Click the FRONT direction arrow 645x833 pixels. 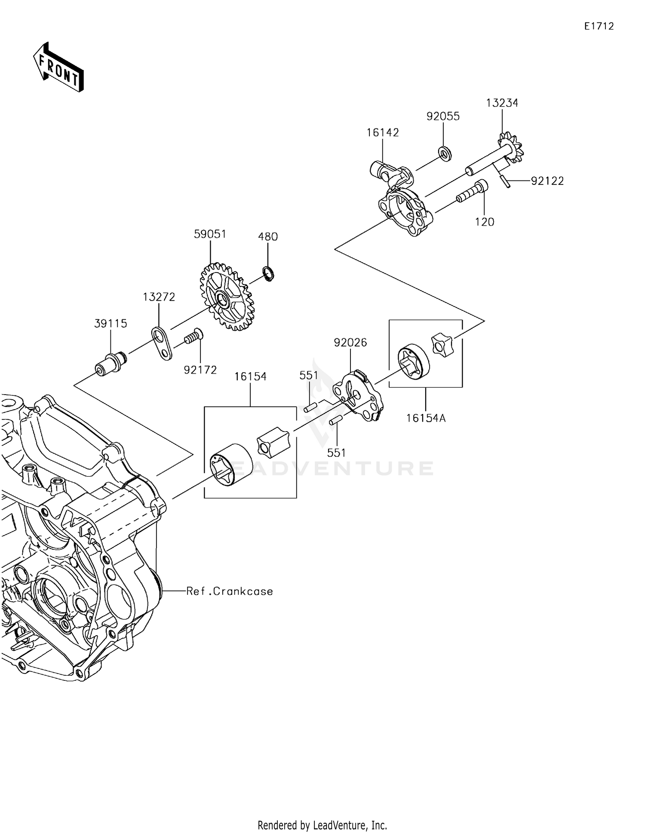point(58,67)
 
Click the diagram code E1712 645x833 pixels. point(599,26)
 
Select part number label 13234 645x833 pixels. point(502,103)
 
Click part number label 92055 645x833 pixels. point(443,116)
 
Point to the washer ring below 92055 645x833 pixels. point(445,153)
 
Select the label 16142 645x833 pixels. point(383,132)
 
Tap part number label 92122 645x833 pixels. point(547,181)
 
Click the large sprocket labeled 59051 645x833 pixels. point(227,297)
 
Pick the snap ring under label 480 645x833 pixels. point(269,274)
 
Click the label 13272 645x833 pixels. point(159,297)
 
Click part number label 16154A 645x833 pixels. point(426,418)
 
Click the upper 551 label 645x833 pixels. point(308,375)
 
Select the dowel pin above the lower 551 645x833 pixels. point(335,422)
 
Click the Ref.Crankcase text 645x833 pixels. point(230,591)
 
